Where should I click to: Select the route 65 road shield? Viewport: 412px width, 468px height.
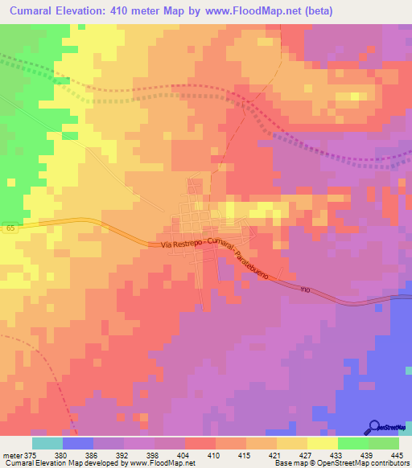[8, 228]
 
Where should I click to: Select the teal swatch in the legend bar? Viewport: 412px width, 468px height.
[47, 442]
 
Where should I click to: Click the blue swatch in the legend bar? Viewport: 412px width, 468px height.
[77, 442]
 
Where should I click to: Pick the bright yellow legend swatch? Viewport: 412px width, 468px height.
[322, 442]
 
